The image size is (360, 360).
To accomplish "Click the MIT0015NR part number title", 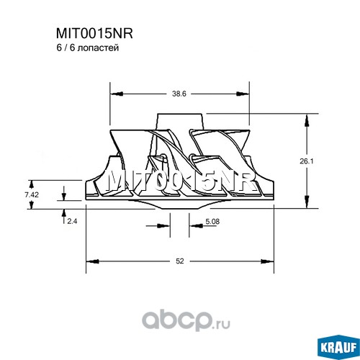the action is pyautogui.click(x=94, y=33).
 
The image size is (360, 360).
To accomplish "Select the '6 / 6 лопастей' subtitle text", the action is pyautogui.click(x=88, y=48).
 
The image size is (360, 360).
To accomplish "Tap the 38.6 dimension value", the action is pyautogui.click(x=179, y=94).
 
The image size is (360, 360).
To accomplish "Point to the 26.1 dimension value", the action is pyautogui.click(x=307, y=161).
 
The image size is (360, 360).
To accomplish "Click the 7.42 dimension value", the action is pyautogui.click(x=32, y=194).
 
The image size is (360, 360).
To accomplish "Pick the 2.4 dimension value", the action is pyautogui.click(x=72, y=221).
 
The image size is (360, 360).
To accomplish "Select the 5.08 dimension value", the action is pyautogui.click(x=212, y=221).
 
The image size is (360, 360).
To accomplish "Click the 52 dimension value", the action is pyautogui.click(x=180, y=261).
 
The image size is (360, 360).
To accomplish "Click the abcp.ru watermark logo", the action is pyautogui.click(x=186, y=320).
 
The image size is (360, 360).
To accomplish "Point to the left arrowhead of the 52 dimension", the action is pyautogui.click(x=93, y=261).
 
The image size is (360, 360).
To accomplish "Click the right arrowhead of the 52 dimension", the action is pyautogui.click(x=267, y=261).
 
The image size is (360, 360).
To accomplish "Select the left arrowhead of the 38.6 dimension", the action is pyautogui.click(x=117, y=94).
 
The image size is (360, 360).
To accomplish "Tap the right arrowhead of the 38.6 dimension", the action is pyautogui.click(x=243, y=94).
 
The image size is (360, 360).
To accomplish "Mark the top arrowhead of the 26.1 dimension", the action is pyautogui.click(x=307, y=120).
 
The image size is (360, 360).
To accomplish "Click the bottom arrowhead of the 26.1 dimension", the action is pyautogui.click(x=307, y=202).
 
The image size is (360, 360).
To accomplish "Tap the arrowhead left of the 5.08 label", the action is pyautogui.click(x=163, y=226).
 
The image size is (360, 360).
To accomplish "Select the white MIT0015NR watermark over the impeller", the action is pyautogui.click(x=180, y=182).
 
